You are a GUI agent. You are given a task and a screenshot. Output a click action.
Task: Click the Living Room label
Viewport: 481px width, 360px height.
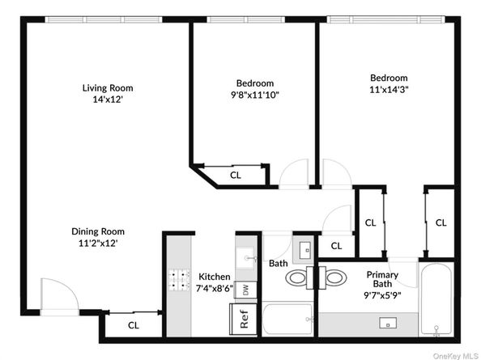pos(108,87)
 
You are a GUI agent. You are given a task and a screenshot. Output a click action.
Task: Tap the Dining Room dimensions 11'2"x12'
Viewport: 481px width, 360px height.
pos(102,243)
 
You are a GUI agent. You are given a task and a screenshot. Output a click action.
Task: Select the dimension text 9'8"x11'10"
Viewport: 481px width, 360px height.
pos(254,94)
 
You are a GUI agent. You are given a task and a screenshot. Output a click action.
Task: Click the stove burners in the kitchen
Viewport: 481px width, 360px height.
pos(178,279)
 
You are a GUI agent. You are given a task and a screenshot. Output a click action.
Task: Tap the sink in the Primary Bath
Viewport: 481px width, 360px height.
pos(386,324)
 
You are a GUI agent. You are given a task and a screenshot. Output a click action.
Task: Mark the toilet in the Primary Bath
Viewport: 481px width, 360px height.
pos(334,278)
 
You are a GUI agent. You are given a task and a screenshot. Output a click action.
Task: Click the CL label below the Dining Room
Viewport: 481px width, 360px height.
pos(133,325)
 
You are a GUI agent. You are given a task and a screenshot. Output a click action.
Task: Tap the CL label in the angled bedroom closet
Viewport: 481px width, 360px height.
pos(235,174)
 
